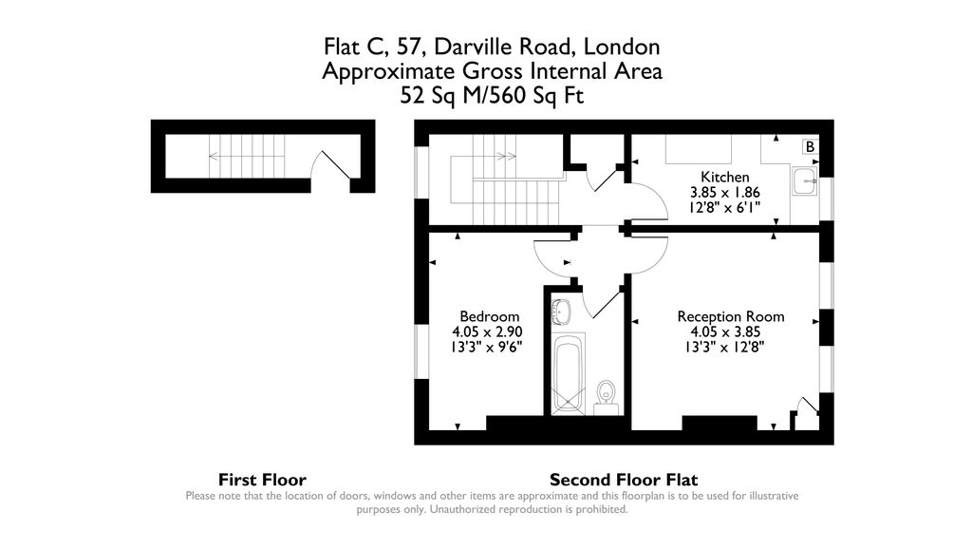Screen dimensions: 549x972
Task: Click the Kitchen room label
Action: coord(724,177)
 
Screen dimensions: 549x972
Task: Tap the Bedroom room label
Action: coord(489,316)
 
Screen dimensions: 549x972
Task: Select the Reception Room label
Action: coord(730,316)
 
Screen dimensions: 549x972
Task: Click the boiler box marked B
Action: coord(810,147)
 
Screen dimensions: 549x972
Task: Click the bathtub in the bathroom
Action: coord(567,373)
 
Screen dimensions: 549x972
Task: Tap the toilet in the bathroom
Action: coord(606,393)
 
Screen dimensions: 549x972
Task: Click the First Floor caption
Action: coord(262,480)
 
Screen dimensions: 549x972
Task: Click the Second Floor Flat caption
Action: coord(623,480)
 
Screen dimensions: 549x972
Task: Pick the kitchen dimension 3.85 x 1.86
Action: coord(724,192)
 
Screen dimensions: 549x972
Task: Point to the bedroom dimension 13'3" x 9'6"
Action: coord(487,347)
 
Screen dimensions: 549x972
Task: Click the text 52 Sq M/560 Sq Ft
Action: coord(492,95)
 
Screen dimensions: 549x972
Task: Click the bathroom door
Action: coord(602,304)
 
